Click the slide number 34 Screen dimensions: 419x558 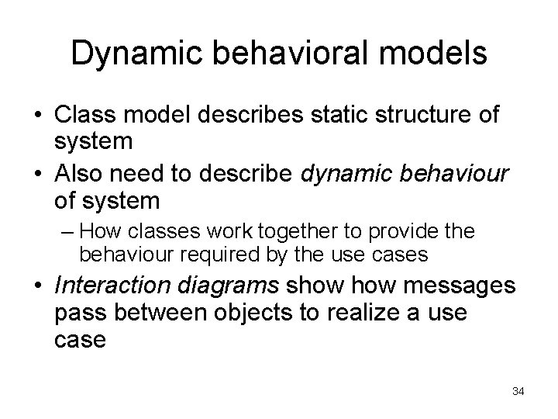(x=518, y=392)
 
